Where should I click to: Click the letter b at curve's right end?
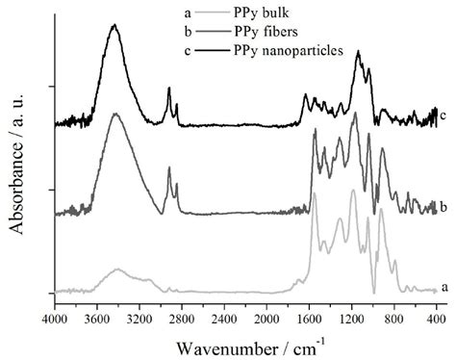[x=443, y=206]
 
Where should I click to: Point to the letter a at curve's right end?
[x=443, y=288]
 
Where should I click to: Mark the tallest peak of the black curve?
[x=114, y=26]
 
